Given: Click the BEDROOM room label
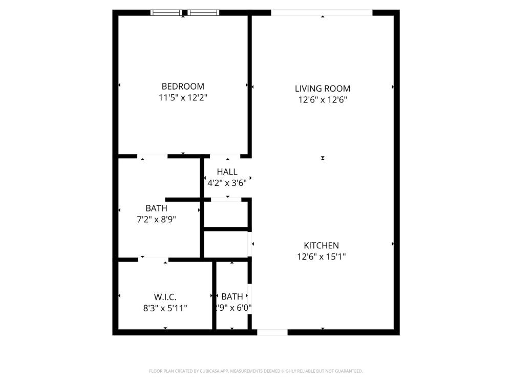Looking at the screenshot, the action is [x=183, y=86].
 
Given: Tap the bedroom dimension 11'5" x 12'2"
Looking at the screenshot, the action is [x=183, y=97].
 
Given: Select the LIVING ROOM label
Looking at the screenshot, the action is [x=322, y=89].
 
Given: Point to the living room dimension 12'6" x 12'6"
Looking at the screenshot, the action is [x=322, y=100].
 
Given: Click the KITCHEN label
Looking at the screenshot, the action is [x=322, y=245].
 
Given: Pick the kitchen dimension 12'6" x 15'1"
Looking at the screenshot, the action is [x=322, y=257].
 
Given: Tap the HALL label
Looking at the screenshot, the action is [x=227, y=172].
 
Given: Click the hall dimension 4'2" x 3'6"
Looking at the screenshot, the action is [x=227, y=183].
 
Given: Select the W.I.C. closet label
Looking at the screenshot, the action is [x=165, y=297].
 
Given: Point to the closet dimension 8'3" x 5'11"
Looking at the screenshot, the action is [x=165, y=308].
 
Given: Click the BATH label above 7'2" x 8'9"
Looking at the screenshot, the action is [x=156, y=208].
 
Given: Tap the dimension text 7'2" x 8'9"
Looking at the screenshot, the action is [x=156, y=219].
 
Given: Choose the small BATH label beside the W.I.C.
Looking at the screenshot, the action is [x=232, y=296].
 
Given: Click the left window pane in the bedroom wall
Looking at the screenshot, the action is [x=166, y=13].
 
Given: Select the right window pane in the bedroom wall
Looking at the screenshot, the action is [x=203, y=13].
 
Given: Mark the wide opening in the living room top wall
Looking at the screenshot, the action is [x=322, y=13].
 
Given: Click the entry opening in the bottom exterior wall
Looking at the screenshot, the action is [x=272, y=332].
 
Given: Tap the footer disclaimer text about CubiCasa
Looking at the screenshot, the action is [x=255, y=371].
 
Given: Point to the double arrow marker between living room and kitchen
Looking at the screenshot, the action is [x=323, y=158].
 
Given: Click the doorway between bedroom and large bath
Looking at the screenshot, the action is [x=152, y=156].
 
